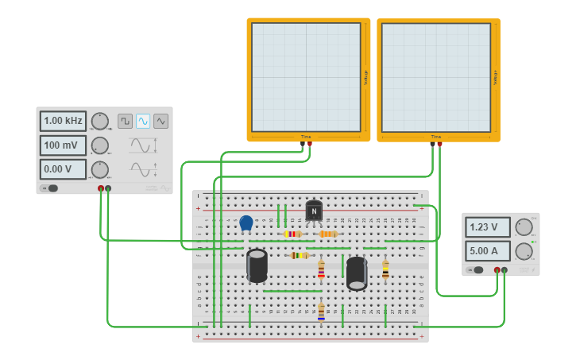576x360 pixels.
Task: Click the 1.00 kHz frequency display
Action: point(63,121)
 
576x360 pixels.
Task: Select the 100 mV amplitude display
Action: point(63,145)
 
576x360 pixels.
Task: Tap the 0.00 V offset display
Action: point(63,169)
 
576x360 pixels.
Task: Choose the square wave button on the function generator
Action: point(125,121)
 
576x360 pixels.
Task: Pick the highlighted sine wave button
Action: point(143,121)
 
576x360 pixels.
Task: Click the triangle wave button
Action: point(161,121)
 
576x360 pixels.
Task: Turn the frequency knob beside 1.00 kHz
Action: point(99,121)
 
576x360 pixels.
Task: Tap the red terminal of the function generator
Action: point(101,188)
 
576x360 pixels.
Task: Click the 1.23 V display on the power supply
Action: point(487,226)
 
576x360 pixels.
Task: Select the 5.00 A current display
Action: point(487,251)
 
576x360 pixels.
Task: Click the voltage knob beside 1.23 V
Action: point(524,226)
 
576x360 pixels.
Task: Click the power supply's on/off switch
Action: point(477,270)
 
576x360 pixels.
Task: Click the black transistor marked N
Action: point(314,211)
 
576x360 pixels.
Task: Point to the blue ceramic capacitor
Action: point(246,223)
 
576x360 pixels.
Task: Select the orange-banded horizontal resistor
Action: point(328,234)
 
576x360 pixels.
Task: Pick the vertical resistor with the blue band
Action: point(321,312)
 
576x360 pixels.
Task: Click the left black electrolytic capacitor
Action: point(257,265)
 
